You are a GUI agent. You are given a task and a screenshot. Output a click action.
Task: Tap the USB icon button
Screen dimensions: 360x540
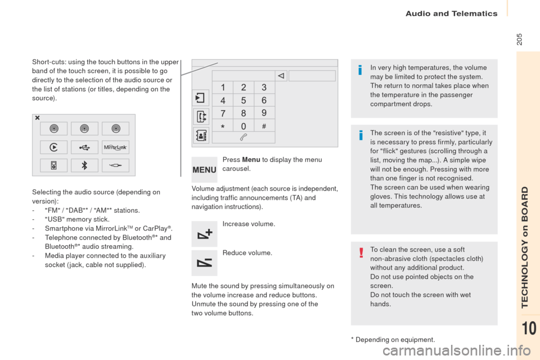pos(84,147)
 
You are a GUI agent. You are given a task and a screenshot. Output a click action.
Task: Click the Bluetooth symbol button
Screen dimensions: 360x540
pos(84,165)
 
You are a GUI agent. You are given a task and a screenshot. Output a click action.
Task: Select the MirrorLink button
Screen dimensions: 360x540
pos(115,147)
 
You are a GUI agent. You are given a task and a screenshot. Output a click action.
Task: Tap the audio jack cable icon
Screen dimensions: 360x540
pos(115,165)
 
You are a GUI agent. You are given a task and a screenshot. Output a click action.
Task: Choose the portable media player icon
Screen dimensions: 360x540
pos(53,165)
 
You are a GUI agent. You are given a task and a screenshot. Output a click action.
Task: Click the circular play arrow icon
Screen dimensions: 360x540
pos(53,147)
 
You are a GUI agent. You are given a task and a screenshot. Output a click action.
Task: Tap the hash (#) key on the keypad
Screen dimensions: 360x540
pos(264,126)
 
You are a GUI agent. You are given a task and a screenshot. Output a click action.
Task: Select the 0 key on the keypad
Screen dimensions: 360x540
pos(243,126)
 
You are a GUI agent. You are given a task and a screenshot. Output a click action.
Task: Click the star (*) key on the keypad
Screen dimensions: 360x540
pos(223,126)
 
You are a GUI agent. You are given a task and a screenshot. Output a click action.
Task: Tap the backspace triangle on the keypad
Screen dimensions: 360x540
pos(282,75)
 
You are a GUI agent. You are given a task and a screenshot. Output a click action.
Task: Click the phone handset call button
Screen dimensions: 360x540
pos(243,137)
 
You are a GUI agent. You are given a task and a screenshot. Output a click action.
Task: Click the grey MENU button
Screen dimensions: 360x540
pos(204,169)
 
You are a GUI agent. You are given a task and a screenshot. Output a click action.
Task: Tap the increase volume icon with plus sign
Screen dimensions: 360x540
pos(204,234)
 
